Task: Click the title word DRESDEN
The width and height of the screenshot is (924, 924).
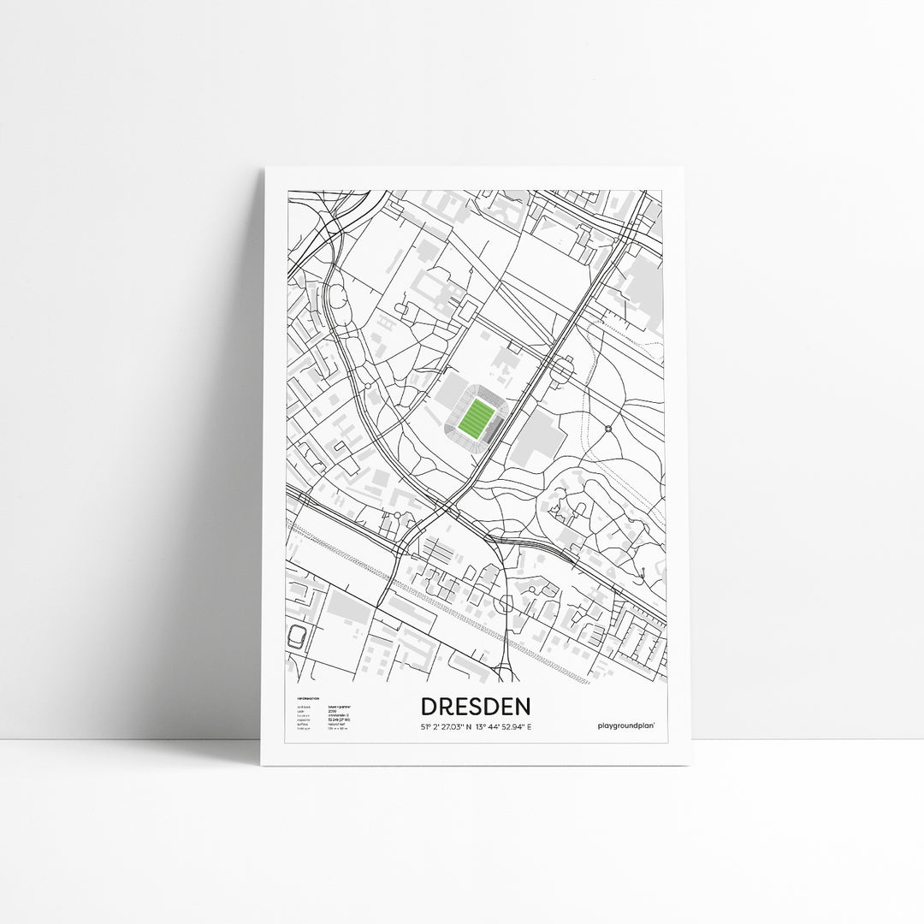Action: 476,707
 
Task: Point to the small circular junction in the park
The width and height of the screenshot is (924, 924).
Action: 608,428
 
